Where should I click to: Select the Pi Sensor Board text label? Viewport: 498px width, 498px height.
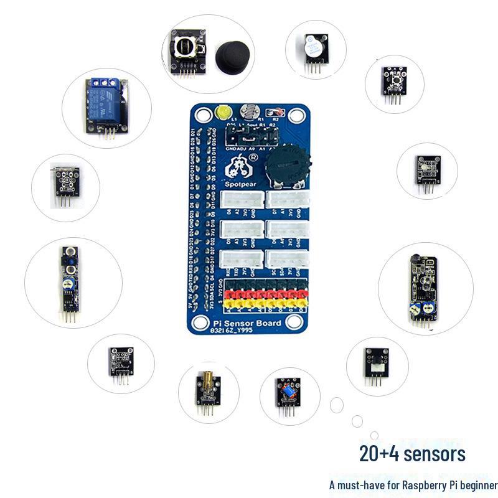(247, 323)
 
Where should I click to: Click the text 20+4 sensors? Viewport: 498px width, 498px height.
(412, 454)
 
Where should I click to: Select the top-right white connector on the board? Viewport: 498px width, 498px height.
(288, 199)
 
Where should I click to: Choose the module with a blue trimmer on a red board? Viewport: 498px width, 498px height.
(288, 392)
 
